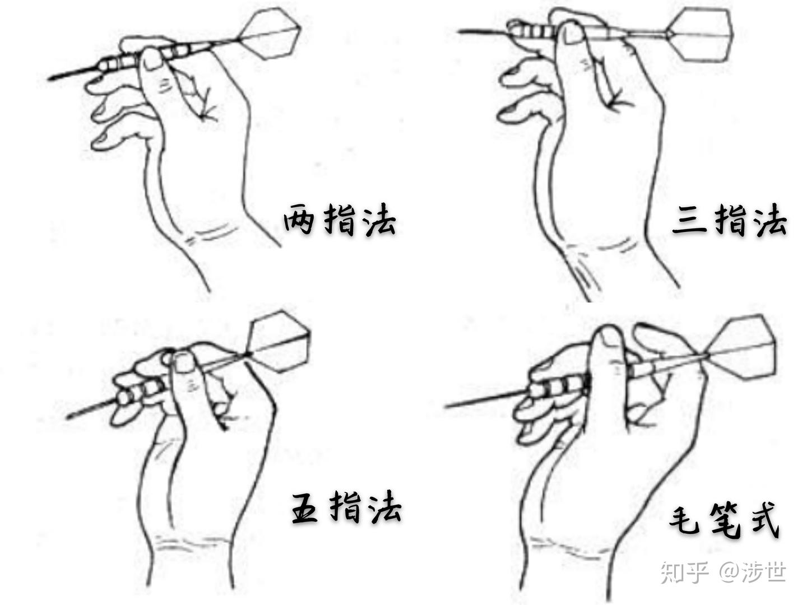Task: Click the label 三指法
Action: click(x=730, y=220)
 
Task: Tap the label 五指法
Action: click(x=346, y=508)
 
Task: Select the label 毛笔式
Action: click(x=724, y=521)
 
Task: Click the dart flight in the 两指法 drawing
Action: click(x=270, y=34)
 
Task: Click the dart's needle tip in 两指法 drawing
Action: click(x=49, y=78)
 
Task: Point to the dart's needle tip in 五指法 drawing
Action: click(x=67, y=417)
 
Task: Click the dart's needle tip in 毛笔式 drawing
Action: click(x=446, y=406)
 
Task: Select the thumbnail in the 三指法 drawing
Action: click(x=572, y=33)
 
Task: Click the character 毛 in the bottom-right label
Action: click(x=685, y=522)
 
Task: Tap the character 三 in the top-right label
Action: click(x=689, y=220)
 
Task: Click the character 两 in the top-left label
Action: click(x=299, y=220)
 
